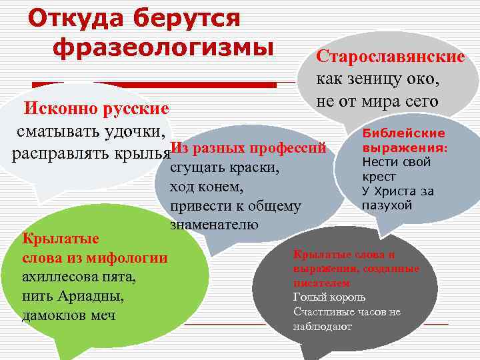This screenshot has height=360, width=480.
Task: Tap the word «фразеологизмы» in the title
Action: tap(163, 47)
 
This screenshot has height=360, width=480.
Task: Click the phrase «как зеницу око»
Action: tap(377, 79)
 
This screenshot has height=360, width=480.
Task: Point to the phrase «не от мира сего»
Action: tap(377, 101)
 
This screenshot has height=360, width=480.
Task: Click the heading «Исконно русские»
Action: tap(97, 108)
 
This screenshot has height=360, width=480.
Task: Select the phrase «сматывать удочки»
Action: tap(91, 131)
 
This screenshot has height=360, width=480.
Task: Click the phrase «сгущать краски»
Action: tap(223, 167)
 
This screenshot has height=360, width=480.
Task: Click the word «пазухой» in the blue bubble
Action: tap(387, 205)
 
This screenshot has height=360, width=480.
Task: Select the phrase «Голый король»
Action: tap(329, 297)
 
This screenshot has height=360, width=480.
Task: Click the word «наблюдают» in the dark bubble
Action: tap(322, 327)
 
